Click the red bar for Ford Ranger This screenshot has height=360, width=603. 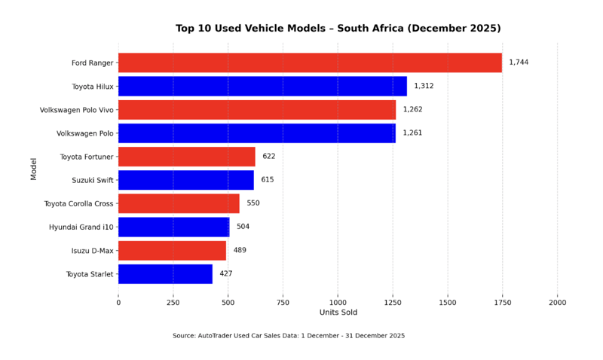pyautogui.click(x=310, y=63)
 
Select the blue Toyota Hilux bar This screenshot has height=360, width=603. pyautogui.click(x=262, y=86)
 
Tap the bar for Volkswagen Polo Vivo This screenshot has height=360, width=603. pyautogui.click(x=257, y=109)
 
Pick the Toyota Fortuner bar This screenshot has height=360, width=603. pyautogui.click(x=187, y=157)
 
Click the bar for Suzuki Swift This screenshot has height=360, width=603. pyautogui.click(x=186, y=180)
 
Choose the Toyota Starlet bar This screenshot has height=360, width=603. pyautogui.click(x=165, y=274)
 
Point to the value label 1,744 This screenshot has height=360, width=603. pyautogui.click(x=519, y=63)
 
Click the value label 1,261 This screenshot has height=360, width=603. pyautogui.click(x=412, y=133)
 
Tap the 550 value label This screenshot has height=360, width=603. pyautogui.click(x=253, y=203)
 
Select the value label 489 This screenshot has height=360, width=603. pyautogui.click(x=240, y=250)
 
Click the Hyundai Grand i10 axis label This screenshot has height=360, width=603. pyautogui.click(x=81, y=227)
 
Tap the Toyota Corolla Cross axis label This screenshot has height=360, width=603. pyautogui.click(x=78, y=203)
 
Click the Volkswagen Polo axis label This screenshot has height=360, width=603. pyautogui.click(x=85, y=133)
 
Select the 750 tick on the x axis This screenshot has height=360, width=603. pyautogui.click(x=283, y=302)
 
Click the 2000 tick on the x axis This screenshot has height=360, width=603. pyautogui.click(x=557, y=302)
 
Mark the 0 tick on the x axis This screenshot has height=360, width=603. pyautogui.click(x=118, y=302)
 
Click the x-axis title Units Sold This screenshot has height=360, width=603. pyautogui.click(x=338, y=313)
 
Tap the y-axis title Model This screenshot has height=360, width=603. pyautogui.click(x=33, y=168)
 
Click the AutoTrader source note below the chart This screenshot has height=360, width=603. pyautogui.click(x=289, y=336)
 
